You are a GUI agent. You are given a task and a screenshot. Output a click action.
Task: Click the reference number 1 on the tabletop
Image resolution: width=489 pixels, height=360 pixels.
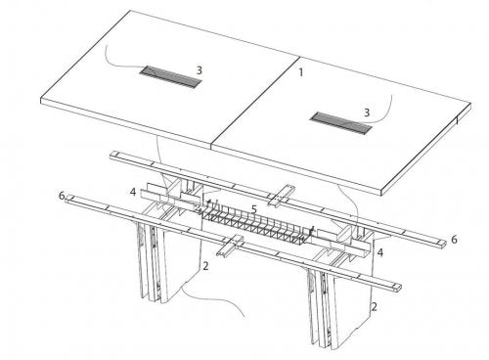(x=302, y=72)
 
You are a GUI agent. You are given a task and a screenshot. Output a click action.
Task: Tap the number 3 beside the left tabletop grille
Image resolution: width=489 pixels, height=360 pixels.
(x=199, y=70)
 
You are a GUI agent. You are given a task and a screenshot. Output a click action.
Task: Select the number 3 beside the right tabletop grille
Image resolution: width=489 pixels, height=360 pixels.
(x=367, y=112)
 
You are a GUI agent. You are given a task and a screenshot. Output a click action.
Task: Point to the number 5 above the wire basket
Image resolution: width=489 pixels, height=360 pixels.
(x=252, y=208)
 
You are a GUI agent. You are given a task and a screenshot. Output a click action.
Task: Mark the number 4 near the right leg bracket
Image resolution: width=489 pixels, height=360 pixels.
(x=380, y=251)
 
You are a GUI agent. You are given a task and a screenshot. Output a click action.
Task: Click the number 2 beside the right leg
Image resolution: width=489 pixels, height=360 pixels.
(x=375, y=306)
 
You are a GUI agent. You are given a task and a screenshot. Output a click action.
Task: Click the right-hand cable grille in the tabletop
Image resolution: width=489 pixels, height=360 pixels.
(x=335, y=117)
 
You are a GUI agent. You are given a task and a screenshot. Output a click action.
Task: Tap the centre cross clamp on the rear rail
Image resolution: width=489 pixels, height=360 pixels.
(x=281, y=192)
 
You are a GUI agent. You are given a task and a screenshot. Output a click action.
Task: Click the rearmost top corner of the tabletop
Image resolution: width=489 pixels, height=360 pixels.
(x=131, y=12)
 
